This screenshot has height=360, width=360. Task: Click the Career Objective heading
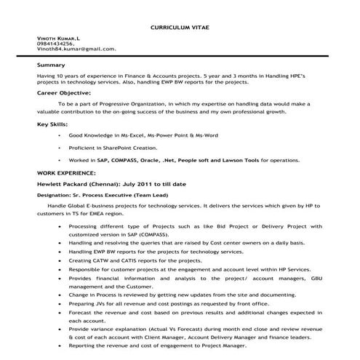65,94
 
